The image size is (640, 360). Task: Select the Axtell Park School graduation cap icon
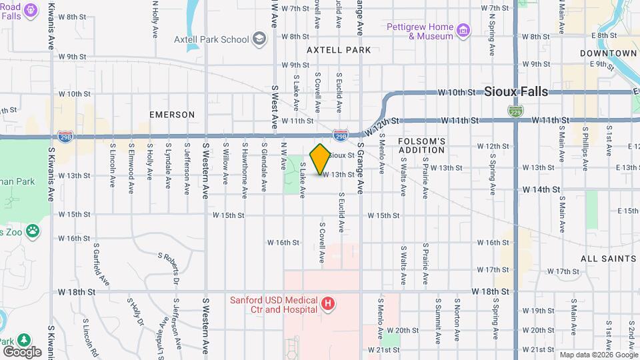(x=259, y=39)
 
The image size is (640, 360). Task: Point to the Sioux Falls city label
(x=516, y=91)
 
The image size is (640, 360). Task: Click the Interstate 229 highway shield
(x=515, y=110)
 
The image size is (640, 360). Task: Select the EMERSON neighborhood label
(x=172, y=115)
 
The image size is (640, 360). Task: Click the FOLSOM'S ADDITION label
(x=421, y=145)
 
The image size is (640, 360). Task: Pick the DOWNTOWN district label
(x=608, y=53)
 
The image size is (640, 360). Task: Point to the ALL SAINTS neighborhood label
(x=608, y=258)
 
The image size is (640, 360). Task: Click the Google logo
(x=22, y=351)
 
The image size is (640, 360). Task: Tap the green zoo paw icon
(x=33, y=231)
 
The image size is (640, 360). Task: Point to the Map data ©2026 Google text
(x=597, y=355)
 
